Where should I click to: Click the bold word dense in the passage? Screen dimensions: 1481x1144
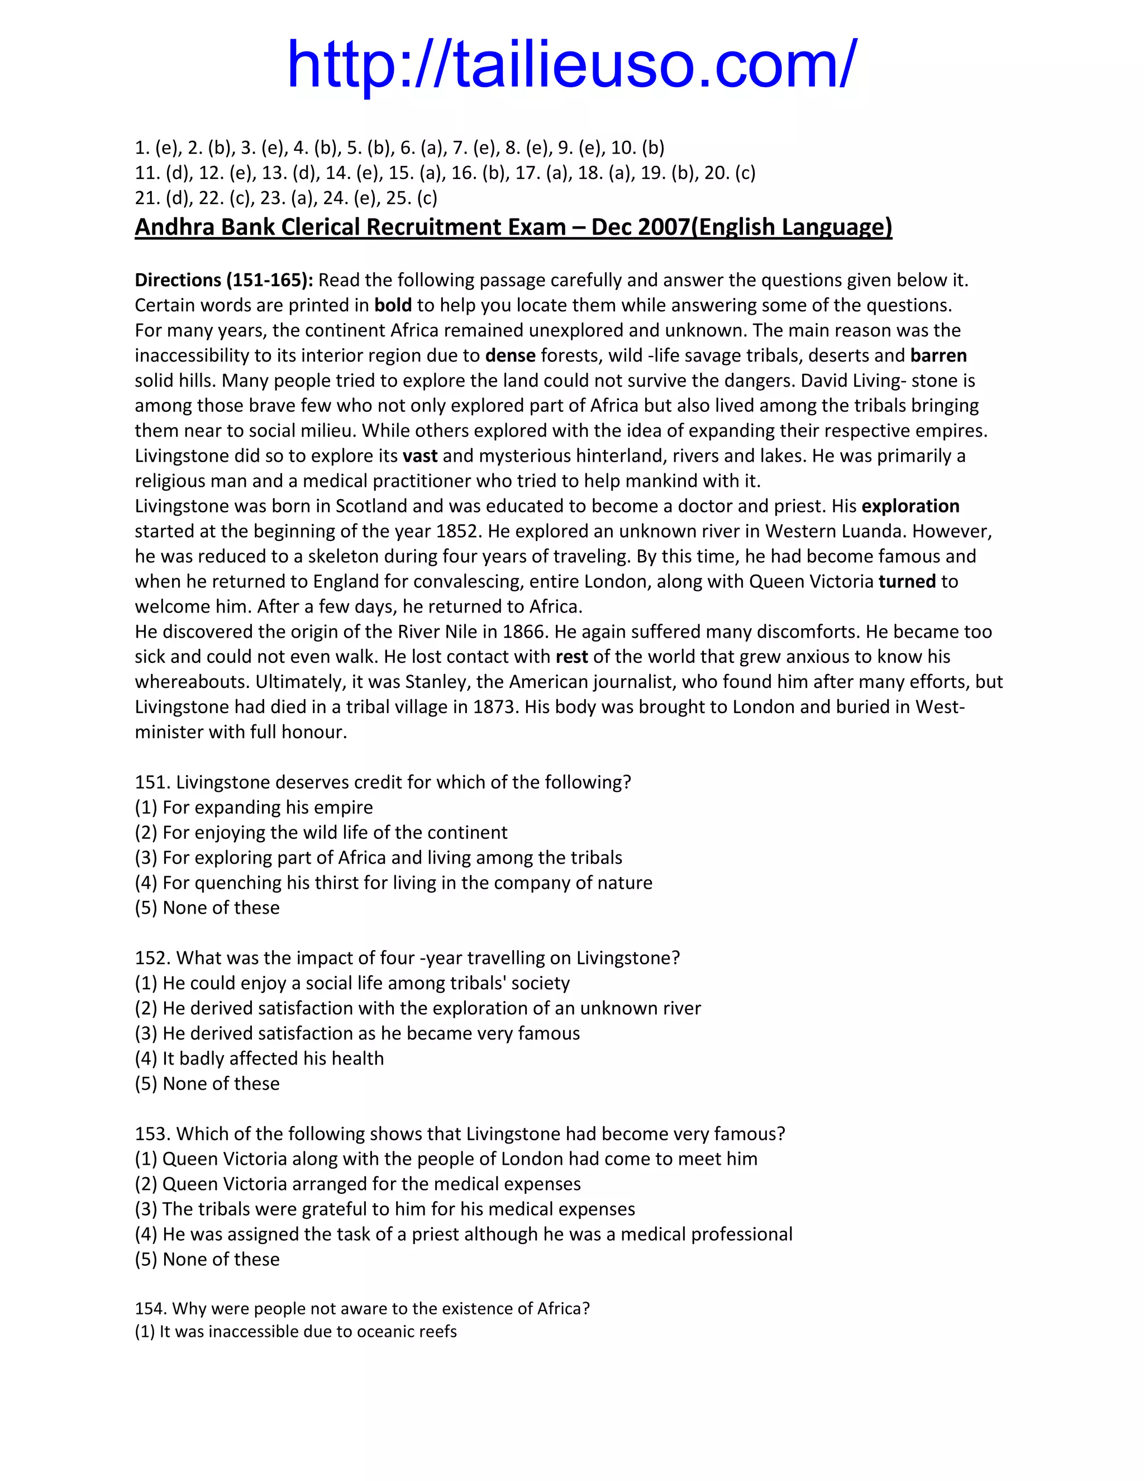pos(511,355)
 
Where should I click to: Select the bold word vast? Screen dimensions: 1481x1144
pos(420,455)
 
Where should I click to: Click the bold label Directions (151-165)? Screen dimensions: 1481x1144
pos(223,280)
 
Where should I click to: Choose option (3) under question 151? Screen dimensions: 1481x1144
pos(378,857)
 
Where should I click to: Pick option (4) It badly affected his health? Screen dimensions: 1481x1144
pos(260,1058)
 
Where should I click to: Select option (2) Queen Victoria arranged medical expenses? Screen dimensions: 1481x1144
pos(358,1183)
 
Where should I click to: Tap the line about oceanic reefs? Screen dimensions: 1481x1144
pos(295,1331)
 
